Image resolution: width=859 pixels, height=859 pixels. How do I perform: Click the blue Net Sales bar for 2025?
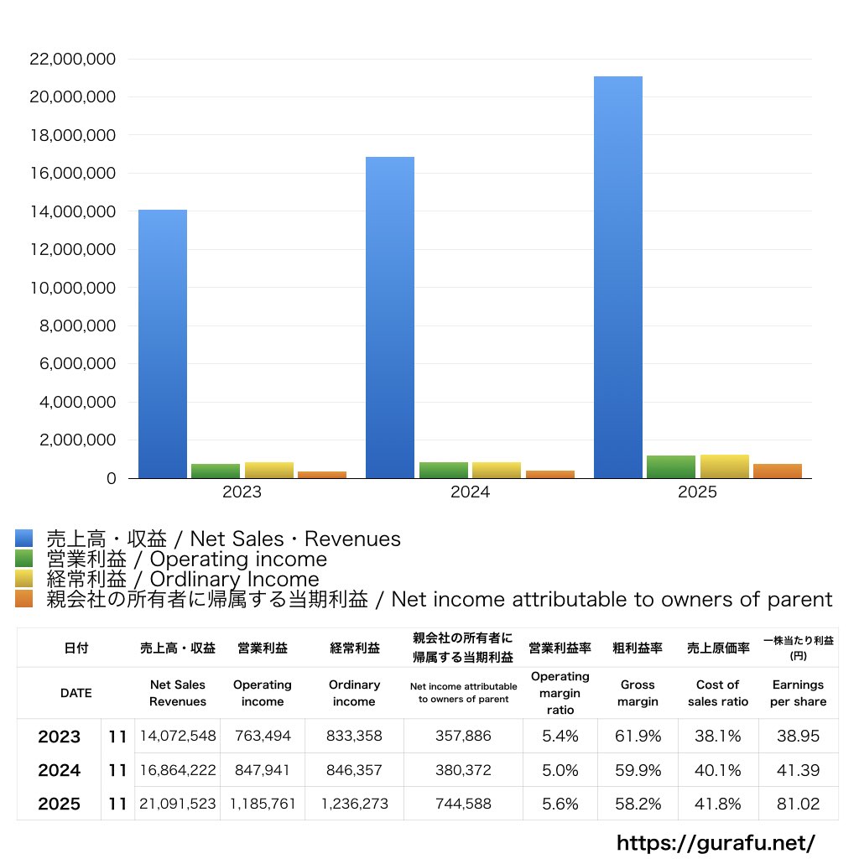coord(618,277)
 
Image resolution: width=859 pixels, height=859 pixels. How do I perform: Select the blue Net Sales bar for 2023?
coord(163,344)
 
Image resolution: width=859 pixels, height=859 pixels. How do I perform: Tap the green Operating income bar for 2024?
coord(444,470)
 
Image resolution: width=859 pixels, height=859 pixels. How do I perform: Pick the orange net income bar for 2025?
coord(778,471)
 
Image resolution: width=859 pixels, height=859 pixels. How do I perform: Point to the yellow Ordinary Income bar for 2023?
coord(269,470)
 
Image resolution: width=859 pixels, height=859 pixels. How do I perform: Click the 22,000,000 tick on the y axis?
coord(72,59)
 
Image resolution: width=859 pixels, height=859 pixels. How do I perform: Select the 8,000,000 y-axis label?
coord(77,325)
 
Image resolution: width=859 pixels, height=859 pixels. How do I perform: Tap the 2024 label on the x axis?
coord(470,492)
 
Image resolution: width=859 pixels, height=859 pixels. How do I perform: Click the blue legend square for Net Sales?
coord(23,539)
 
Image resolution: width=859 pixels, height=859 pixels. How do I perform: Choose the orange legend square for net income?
coord(23,599)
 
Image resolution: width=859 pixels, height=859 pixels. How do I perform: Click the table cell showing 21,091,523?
coord(178,804)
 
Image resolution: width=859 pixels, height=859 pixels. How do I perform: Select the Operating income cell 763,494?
coord(263,737)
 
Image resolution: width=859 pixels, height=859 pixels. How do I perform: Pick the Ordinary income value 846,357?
coord(354,770)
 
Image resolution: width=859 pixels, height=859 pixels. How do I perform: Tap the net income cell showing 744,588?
coord(463,804)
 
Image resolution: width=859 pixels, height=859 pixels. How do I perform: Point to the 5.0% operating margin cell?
coord(560,770)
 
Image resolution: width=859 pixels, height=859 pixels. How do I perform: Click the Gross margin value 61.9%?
coord(638,737)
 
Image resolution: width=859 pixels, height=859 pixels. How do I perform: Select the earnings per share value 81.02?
coord(798,804)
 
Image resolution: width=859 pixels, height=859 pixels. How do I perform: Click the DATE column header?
coord(75,694)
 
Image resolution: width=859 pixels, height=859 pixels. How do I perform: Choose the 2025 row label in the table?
coord(60,804)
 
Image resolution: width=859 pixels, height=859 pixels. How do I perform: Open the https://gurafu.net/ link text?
coord(716,842)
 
